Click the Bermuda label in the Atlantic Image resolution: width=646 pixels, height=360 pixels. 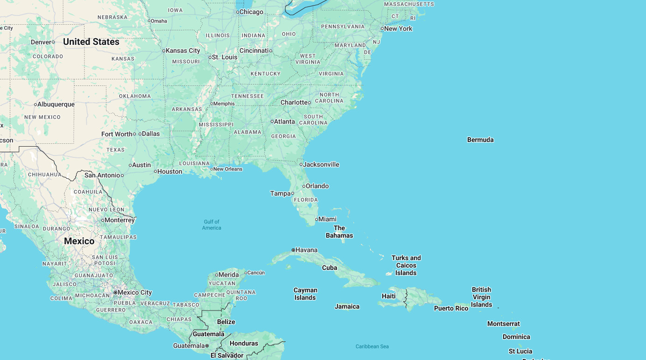click(x=480, y=140)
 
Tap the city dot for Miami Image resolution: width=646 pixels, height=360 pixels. click(x=316, y=219)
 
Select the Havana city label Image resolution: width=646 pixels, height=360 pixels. click(x=307, y=250)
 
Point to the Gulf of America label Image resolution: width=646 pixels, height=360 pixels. click(x=211, y=225)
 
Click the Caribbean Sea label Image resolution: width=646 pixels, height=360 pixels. click(x=372, y=346)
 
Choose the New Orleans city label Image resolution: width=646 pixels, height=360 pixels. click(x=228, y=169)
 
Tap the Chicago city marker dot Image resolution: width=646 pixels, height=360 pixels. click(x=238, y=12)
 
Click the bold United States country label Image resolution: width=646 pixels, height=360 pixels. click(x=91, y=42)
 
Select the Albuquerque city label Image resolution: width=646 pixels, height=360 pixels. click(x=56, y=104)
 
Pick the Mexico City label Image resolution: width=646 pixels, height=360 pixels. click(x=135, y=292)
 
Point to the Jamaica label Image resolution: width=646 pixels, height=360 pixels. click(x=347, y=306)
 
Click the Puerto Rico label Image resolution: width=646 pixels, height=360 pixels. click(x=451, y=308)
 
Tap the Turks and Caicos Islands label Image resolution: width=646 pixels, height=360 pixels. click(x=406, y=265)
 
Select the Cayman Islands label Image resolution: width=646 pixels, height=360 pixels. click(x=305, y=294)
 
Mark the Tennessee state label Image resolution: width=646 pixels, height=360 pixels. click(x=247, y=96)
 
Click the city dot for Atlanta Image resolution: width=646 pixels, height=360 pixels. click(x=272, y=121)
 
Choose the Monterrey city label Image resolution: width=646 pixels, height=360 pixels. click(x=120, y=220)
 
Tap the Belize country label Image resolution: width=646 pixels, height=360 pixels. click(x=226, y=322)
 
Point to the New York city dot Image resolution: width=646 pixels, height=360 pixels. click(x=382, y=28)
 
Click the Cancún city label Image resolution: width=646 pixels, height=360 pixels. click(x=256, y=273)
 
